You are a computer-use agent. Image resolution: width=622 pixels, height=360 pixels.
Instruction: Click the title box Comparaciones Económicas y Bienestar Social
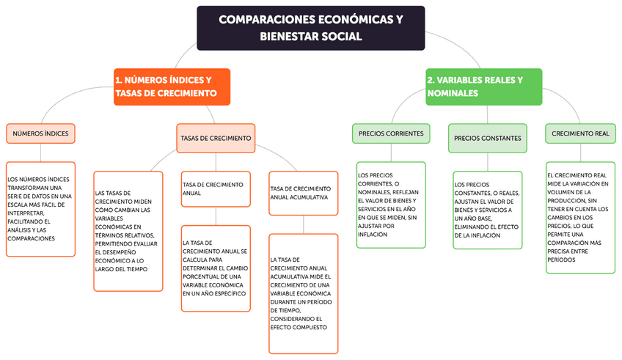pos(310,28)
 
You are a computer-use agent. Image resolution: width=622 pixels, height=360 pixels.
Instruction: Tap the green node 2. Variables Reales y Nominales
pos(483,87)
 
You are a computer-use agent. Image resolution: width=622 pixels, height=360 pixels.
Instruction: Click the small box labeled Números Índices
pos(41,133)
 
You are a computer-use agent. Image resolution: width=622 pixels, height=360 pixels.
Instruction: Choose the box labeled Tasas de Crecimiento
pos(216,138)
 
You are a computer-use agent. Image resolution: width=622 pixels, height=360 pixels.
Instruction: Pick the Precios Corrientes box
pos(389,134)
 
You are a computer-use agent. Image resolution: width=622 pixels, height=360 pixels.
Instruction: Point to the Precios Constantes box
pos(487,138)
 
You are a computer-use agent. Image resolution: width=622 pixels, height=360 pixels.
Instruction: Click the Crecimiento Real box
pos(580,133)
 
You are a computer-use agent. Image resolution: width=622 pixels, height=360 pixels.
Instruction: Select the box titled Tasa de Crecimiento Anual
pos(216,189)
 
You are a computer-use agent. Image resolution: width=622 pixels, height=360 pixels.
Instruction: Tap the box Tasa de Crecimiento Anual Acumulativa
pos(303,193)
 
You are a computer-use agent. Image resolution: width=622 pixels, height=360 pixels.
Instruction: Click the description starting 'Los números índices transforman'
pos(41,209)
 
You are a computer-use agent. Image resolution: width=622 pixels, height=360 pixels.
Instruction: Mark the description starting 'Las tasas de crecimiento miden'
pos(128,231)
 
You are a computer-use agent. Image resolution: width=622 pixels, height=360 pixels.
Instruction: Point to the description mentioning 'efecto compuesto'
pos(303,293)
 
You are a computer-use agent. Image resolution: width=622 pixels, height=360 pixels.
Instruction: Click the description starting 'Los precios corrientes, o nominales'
pos(390,205)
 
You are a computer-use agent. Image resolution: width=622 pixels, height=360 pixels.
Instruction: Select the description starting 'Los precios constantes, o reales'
pos(487,210)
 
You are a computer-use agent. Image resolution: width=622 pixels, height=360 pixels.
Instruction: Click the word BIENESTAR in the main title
pos(290,36)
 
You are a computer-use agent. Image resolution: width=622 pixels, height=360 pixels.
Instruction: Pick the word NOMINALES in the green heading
pos(453,94)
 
